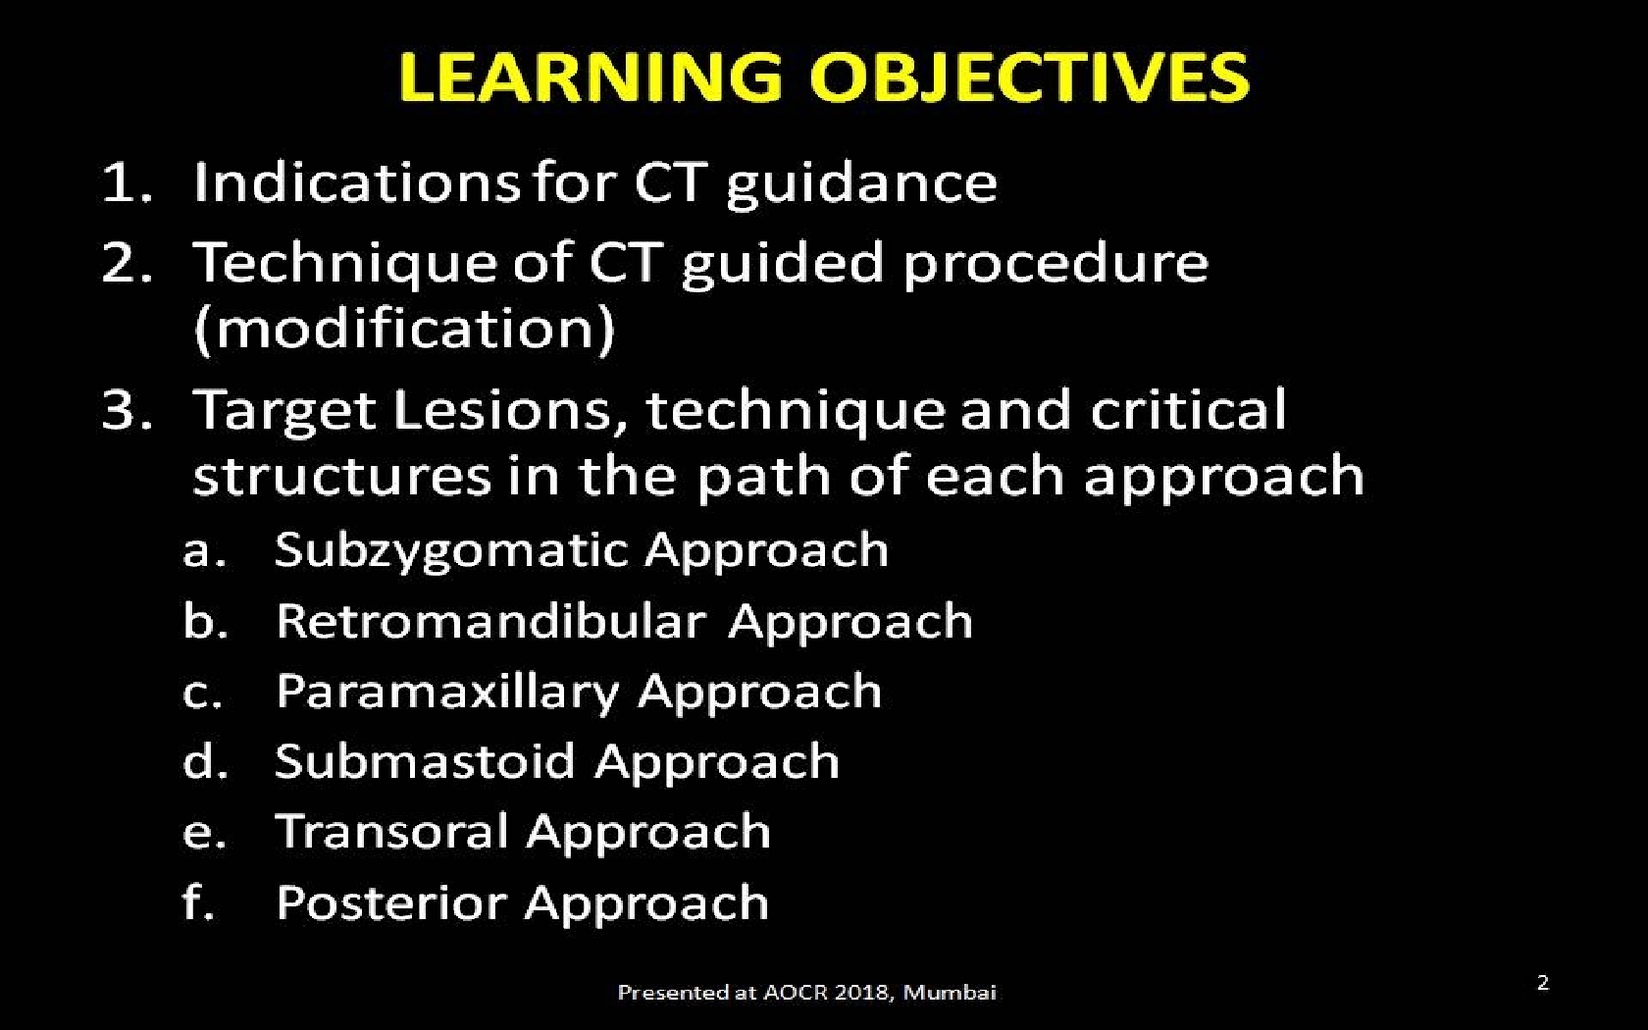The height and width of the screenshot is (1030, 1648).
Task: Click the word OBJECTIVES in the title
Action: (1029, 77)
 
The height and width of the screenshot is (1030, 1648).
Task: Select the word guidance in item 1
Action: (861, 185)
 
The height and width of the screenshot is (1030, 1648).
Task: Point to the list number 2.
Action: (126, 262)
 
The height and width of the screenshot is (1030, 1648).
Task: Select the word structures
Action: (341, 476)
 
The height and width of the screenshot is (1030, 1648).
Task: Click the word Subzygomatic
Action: (451, 551)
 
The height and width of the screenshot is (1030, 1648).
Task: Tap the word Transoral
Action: (392, 832)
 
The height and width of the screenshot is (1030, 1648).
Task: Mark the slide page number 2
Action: (1543, 983)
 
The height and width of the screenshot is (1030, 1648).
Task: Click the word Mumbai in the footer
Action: (950, 993)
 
